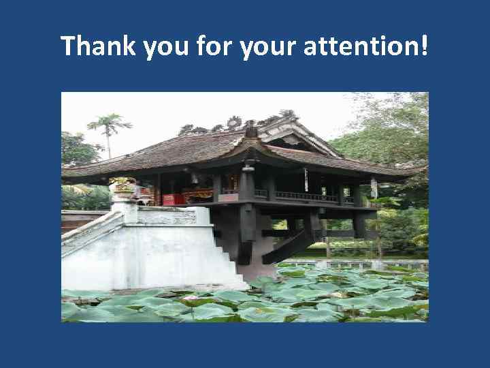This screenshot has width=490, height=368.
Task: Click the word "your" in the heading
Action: [269, 48]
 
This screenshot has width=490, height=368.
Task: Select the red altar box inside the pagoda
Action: [174, 198]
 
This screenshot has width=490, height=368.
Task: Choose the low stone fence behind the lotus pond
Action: [354, 263]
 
